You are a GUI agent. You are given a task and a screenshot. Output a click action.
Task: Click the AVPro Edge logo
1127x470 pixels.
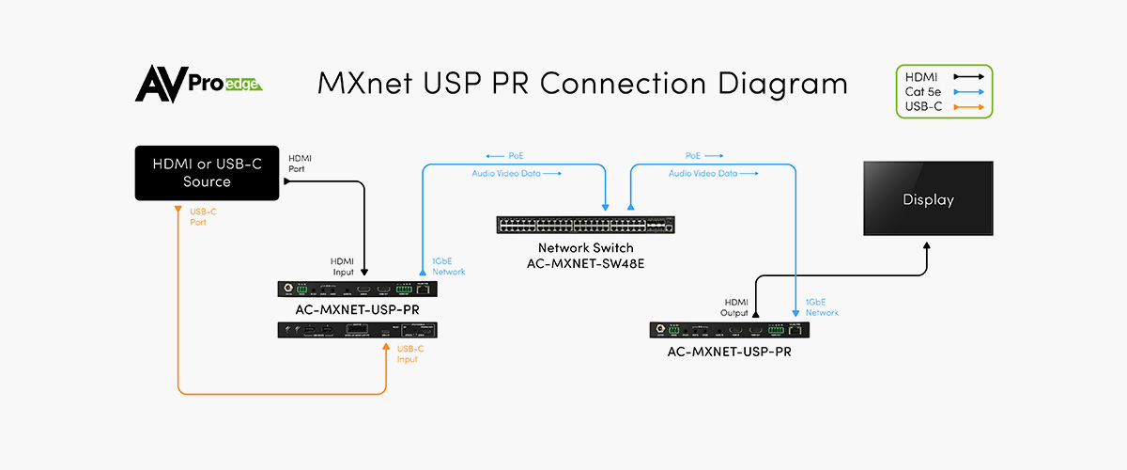click(198, 84)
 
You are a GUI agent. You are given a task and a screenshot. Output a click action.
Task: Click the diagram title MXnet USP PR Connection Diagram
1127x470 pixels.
click(582, 83)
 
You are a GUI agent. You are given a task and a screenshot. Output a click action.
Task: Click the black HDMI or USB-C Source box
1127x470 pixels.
click(207, 173)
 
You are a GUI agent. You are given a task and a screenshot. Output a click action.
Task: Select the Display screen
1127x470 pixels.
click(928, 199)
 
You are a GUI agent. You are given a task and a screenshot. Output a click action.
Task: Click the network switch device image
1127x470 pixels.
click(587, 225)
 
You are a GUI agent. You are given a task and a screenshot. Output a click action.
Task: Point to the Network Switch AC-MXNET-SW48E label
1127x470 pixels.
click(587, 255)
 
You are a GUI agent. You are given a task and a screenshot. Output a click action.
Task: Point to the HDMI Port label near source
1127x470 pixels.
click(301, 163)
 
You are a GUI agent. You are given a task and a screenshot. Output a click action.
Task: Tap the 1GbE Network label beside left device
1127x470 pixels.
click(448, 266)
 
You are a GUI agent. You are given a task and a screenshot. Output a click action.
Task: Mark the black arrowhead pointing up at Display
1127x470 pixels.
click(928, 245)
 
